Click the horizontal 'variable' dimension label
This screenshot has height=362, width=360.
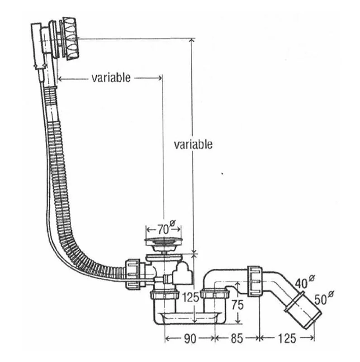(x=111, y=78)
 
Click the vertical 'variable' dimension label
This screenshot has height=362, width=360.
(x=193, y=144)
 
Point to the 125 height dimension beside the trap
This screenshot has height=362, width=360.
(x=189, y=298)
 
